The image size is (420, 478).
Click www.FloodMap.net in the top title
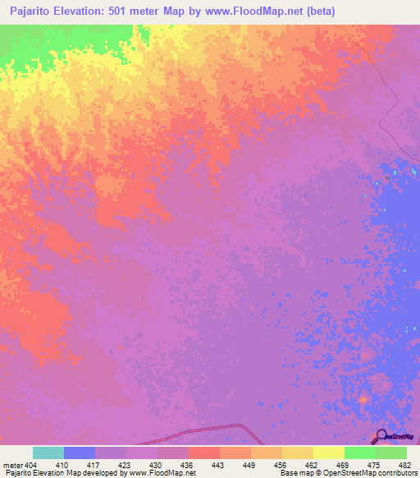pos(255,11)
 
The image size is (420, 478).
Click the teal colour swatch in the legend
pos(48,453)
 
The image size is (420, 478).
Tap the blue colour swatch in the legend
pos(79,453)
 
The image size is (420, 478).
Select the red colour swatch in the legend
pos(203,453)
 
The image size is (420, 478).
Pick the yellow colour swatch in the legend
pos(328,453)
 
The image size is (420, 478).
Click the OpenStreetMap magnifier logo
pos(381,436)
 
